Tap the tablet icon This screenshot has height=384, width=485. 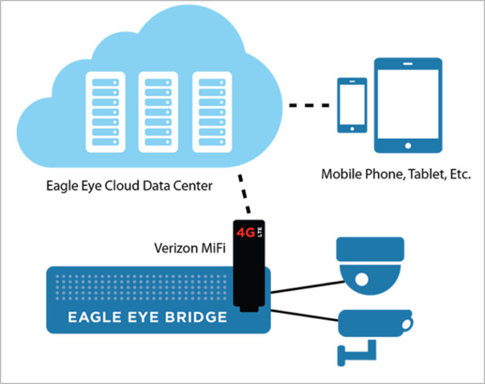coord(407,105)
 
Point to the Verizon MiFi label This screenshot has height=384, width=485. coord(190,248)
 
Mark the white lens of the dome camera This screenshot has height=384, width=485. coord(361,279)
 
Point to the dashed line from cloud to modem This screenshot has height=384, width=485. coord(243,193)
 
